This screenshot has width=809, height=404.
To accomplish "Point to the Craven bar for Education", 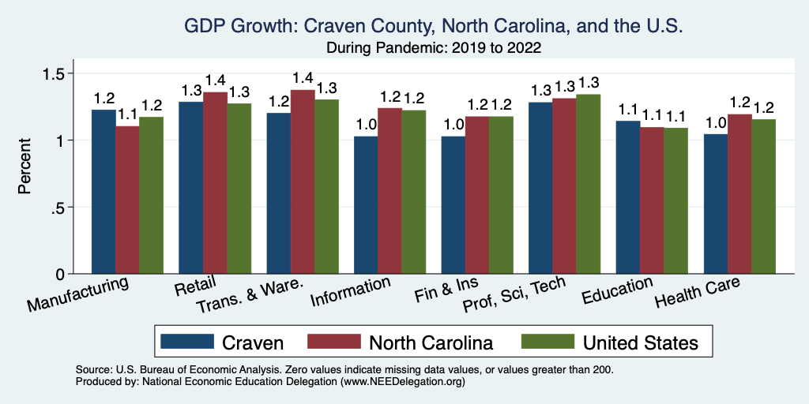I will point(628,197).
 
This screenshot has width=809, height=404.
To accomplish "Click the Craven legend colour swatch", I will point(187,342).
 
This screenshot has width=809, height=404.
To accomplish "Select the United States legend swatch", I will point(547,342).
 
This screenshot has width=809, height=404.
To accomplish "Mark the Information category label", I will point(350,292).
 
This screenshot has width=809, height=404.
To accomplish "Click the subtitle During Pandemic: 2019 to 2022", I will point(434,48).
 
